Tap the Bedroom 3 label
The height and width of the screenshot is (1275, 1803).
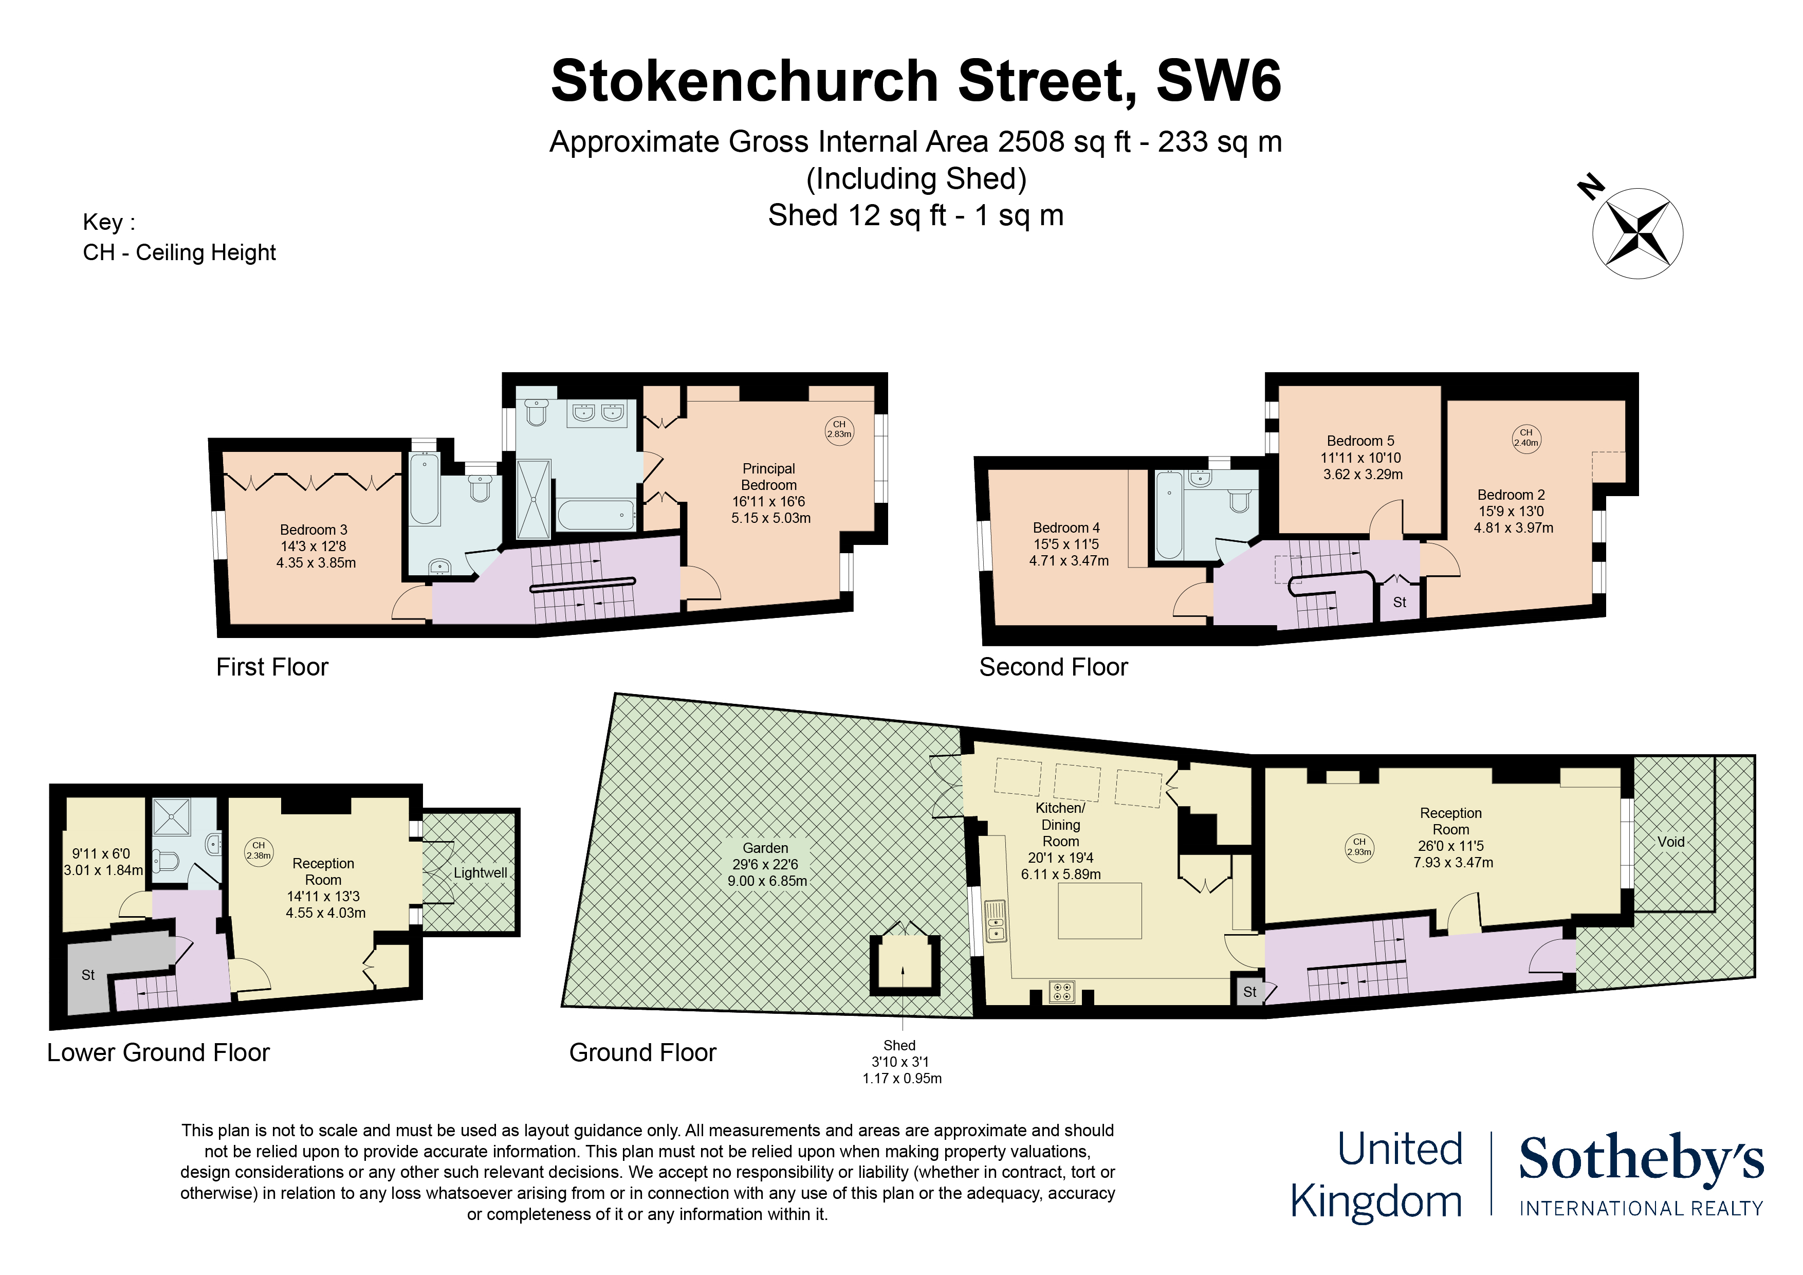coord(314,530)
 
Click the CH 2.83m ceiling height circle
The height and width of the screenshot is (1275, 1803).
coord(839,430)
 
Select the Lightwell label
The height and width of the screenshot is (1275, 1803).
coord(480,873)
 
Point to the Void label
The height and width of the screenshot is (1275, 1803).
coord(1670,842)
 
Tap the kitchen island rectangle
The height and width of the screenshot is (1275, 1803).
coord(1099,910)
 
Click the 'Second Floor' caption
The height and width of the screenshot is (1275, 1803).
coord(1053,667)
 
